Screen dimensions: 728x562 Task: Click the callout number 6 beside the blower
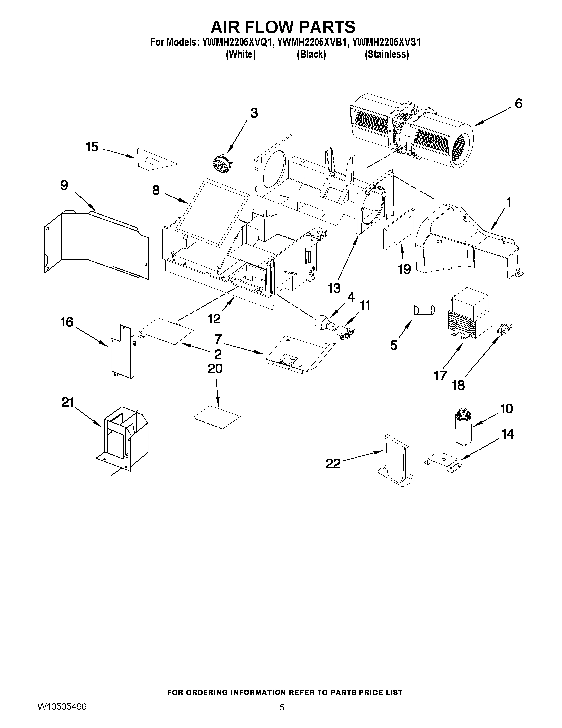tap(519, 104)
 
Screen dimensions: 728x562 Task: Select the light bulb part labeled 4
tap(322, 322)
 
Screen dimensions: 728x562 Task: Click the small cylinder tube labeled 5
tap(424, 310)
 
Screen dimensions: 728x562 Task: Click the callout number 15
tap(92, 147)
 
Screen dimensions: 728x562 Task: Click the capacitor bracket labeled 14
tap(442, 462)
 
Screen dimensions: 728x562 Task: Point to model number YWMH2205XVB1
tap(312, 43)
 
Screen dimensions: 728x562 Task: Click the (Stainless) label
tap(387, 54)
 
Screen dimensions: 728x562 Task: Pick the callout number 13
tap(334, 288)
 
